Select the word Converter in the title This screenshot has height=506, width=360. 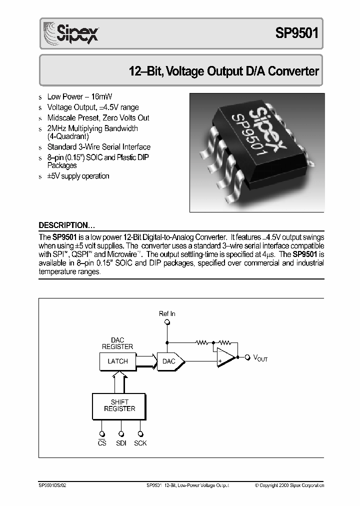pos(293,71)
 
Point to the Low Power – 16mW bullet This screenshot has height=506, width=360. pos(76,96)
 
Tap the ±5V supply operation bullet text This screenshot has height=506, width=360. pos(78,176)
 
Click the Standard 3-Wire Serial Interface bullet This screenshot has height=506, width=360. pos(98,147)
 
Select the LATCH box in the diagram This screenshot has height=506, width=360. pos(118,361)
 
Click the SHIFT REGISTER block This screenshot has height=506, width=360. pos(119,405)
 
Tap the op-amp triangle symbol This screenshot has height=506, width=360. pos(225,357)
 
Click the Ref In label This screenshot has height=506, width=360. pos(167,313)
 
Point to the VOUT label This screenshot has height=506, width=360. pos(260,358)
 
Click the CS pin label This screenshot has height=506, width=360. pos(102,443)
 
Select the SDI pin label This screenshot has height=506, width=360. pos(121,443)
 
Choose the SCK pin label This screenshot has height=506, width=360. pos(140,443)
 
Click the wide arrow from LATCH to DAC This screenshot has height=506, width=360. pos(146,361)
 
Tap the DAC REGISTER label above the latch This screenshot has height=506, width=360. pos(117,343)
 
